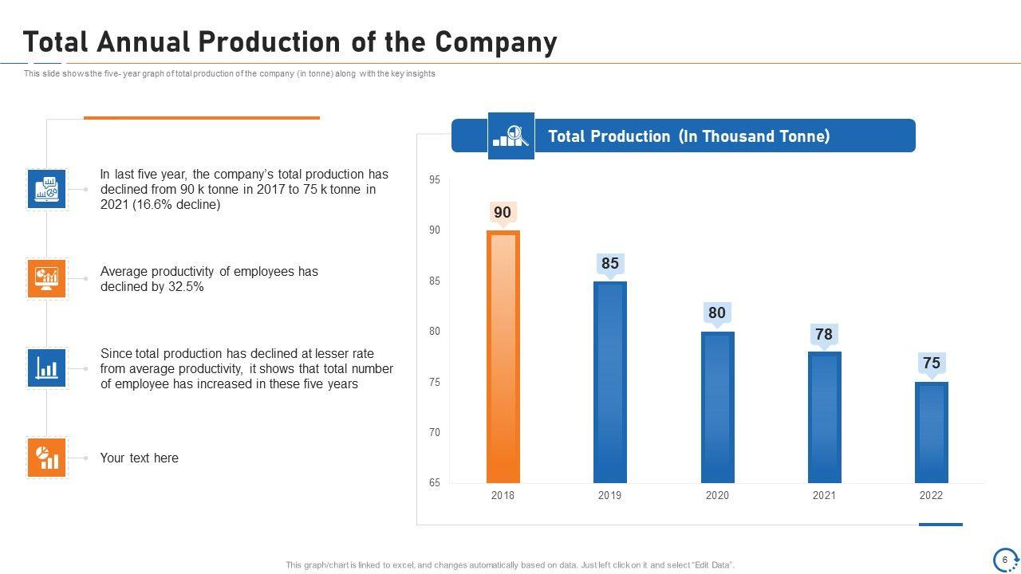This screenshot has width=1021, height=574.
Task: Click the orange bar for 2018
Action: tap(503, 357)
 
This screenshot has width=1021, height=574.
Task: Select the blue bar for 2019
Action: tap(610, 383)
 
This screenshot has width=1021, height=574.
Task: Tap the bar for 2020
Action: tap(717, 407)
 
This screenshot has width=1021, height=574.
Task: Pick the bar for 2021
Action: tap(824, 418)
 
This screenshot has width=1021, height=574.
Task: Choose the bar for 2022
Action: tap(931, 433)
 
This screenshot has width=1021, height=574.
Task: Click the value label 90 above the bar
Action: tap(503, 212)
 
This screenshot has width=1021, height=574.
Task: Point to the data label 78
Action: tap(824, 334)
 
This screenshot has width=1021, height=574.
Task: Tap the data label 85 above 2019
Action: tap(610, 263)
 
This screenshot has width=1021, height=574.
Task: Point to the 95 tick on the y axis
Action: tap(435, 180)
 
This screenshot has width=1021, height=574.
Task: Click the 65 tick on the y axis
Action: tap(435, 483)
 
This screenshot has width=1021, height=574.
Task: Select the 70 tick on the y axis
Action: tap(435, 433)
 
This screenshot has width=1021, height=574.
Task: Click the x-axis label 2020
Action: tap(717, 496)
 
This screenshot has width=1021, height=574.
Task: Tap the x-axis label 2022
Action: tap(931, 496)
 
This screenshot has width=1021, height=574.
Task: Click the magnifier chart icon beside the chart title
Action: tap(510, 136)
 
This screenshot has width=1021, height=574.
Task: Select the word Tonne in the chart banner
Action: tap(802, 136)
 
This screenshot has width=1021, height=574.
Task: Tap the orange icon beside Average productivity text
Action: tap(46, 278)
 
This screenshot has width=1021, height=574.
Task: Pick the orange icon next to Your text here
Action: tap(46, 458)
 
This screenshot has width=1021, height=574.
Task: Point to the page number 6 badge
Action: tap(1005, 560)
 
